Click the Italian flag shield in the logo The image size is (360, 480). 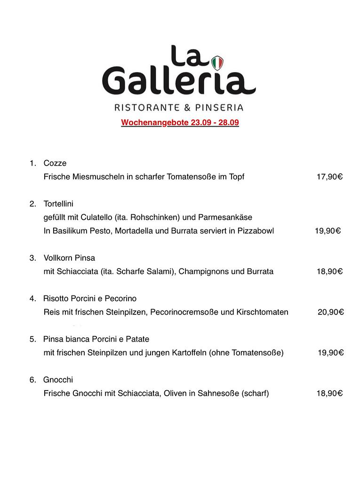[x=217, y=62]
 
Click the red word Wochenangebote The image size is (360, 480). [x=155, y=123]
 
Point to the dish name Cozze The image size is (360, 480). [x=55, y=163]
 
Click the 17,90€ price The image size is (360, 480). [x=329, y=177]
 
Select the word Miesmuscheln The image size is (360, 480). [x=99, y=177]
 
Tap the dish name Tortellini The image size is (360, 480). [x=58, y=204]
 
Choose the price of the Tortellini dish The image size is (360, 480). [x=328, y=231]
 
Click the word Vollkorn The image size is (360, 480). [x=58, y=258]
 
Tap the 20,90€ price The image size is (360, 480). [x=330, y=312]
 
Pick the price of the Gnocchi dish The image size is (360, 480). [x=329, y=393]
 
